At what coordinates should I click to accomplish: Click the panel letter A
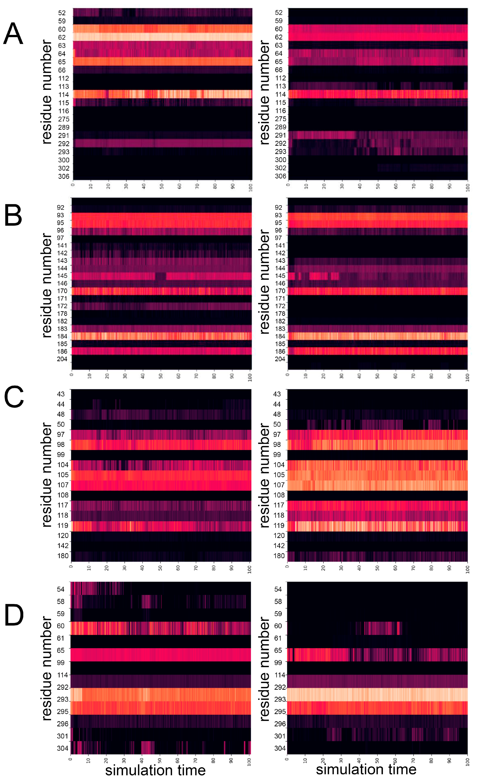tap(13, 34)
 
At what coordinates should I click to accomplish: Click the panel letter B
tap(13, 215)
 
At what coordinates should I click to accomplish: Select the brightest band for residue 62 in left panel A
tap(162, 37)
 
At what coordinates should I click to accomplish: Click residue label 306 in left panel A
tap(63, 176)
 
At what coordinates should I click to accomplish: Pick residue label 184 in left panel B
tap(62, 336)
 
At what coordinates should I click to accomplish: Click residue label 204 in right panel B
tap(280, 359)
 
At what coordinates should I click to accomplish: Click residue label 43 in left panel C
tap(61, 394)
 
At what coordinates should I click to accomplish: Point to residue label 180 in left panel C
tap(63, 556)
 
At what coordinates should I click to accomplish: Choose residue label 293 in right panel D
tap(280, 699)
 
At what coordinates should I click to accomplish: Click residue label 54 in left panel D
tap(61, 589)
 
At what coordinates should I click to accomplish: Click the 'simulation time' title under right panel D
tap(366, 769)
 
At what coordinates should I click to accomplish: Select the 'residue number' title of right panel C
tap(265, 475)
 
